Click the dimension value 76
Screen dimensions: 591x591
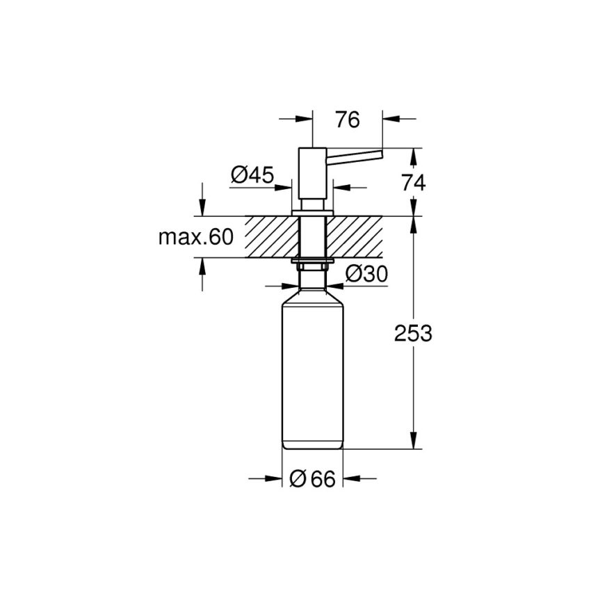[x=347, y=120]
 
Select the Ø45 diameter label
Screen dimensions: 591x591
[x=252, y=175]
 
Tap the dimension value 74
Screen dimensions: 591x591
[x=413, y=182]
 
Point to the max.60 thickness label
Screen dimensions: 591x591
[x=195, y=237]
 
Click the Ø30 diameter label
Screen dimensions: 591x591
[x=366, y=275]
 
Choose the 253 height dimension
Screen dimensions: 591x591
[x=413, y=333]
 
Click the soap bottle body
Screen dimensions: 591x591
[x=312, y=375]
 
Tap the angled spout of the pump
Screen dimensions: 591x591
[x=355, y=156]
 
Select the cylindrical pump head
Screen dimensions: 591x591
[x=312, y=177]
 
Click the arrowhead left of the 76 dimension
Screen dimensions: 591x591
[x=307, y=119]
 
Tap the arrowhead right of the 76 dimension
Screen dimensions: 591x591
[x=389, y=119]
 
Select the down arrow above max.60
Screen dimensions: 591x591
[x=202, y=208]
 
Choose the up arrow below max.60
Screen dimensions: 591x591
[x=202, y=266]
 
